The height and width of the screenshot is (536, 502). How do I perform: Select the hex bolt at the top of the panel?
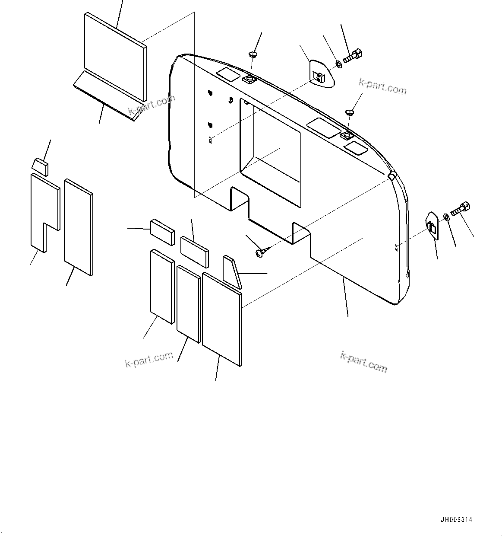[353, 56]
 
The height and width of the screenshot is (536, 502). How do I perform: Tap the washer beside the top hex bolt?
[339, 65]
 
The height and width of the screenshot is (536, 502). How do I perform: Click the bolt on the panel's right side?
[461, 210]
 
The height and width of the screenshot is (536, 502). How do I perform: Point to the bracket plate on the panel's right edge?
[433, 225]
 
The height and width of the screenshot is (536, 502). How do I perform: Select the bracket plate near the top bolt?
[322, 74]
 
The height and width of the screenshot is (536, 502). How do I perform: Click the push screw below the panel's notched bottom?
[260, 253]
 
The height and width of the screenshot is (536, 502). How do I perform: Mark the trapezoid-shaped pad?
[231, 271]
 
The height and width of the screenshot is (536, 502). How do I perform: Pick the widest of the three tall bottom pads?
[222, 319]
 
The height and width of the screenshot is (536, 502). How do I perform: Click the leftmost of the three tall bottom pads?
[162, 286]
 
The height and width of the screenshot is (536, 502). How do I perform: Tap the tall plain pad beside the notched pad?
[78, 227]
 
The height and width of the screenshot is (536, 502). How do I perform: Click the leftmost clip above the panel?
[253, 54]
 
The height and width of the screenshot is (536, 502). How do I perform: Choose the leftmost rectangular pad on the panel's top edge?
[227, 74]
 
